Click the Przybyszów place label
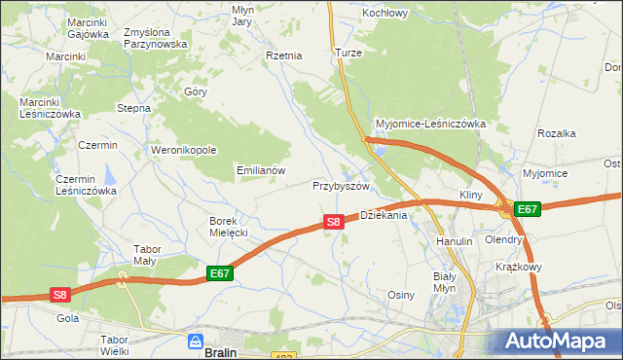(342, 185)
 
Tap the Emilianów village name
(261, 169)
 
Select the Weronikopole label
(184, 150)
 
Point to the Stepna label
(133, 108)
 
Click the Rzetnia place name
(284, 55)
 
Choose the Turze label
(348, 53)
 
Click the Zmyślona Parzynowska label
(155, 38)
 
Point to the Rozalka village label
(558, 133)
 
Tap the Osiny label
(402, 295)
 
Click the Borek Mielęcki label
(230, 227)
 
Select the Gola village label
(68, 318)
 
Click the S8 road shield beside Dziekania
(333, 222)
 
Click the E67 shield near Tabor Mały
(220, 275)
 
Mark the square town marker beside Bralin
(195, 343)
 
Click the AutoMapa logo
(560, 341)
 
